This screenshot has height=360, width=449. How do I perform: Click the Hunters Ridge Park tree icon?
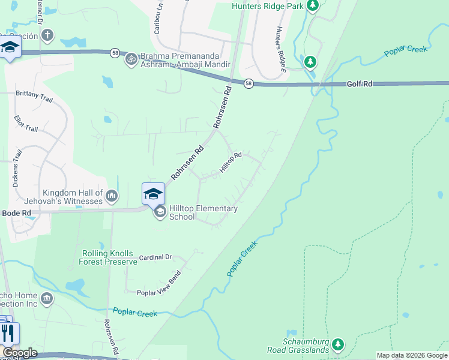coord(312,6)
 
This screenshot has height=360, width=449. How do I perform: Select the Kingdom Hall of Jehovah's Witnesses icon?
coord(112,196)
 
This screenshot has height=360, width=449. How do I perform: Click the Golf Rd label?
coord(360,84)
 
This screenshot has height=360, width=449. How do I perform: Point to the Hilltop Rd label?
coord(231,163)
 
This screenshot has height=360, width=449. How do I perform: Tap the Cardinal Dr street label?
coord(155,257)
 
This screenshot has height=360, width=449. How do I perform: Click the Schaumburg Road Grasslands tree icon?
coord(339,344)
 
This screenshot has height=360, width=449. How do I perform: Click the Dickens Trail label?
coord(17,168)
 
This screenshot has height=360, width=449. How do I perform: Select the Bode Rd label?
coord(17,213)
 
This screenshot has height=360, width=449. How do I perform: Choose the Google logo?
coord(20,353)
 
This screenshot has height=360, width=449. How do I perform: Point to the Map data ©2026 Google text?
coord(412,355)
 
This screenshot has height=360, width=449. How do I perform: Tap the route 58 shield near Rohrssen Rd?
coord(249,84)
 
